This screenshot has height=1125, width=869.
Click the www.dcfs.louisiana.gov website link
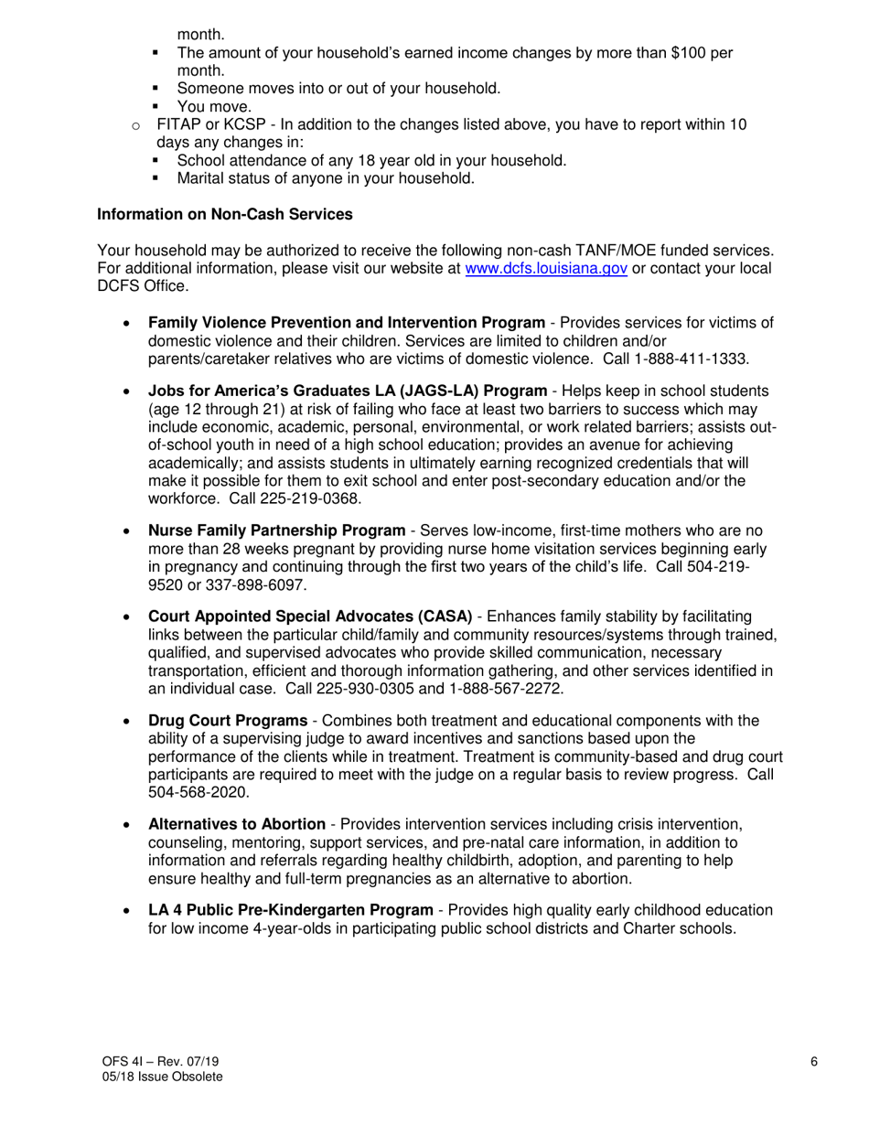click(x=546, y=270)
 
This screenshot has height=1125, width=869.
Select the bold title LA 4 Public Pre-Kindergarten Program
click(x=290, y=912)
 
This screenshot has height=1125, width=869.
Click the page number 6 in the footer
click(x=813, y=1060)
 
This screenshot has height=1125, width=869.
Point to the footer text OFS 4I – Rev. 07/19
click(x=160, y=1060)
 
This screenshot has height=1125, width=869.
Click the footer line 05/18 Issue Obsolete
click(x=162, y=1077)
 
